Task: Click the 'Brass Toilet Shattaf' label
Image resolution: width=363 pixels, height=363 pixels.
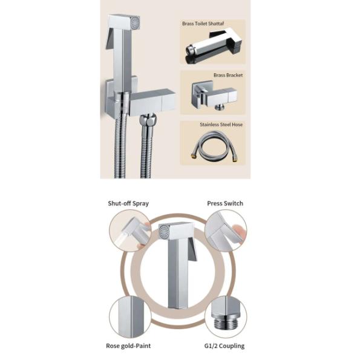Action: (203, 24)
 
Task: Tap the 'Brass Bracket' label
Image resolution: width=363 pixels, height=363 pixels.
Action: (228, 75)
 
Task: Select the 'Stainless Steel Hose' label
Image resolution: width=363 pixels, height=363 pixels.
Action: (221, 125)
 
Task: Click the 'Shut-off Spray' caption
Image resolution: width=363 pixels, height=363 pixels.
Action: (128, 203)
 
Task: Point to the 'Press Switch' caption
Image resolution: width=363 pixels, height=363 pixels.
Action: (225, 203)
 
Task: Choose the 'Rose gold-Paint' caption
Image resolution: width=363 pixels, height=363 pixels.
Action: (128, 346)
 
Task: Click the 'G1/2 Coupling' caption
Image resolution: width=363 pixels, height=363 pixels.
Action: (224, 346)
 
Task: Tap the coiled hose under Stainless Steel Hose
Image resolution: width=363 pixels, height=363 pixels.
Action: (215, 145)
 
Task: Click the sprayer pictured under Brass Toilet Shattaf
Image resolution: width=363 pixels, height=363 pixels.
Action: (214, 46)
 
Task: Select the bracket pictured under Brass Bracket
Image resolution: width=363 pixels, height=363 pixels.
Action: (214, 95)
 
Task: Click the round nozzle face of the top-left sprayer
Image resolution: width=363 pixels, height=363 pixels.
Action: (135, 23)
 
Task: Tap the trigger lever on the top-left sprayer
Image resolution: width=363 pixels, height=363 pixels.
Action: (110, 39)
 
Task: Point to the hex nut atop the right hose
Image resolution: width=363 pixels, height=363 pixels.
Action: (148, 120)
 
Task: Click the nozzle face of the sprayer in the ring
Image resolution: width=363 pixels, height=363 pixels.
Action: (165, 232)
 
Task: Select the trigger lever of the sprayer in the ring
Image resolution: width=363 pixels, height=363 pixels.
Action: (192, 249)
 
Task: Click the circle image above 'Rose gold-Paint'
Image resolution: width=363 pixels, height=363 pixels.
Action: (130, 317)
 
